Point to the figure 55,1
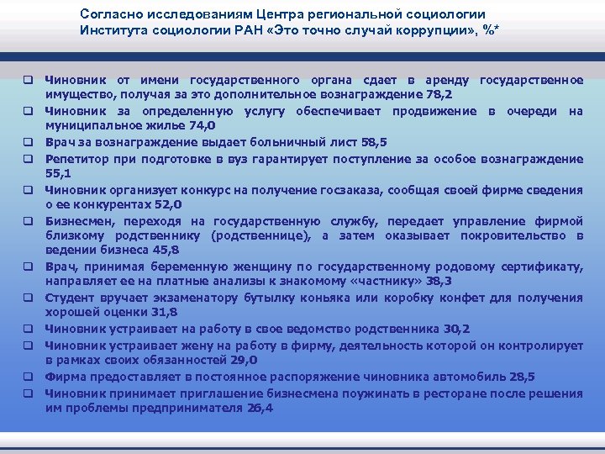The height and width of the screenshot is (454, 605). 57,173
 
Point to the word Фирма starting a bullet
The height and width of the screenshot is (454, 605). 63,376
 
